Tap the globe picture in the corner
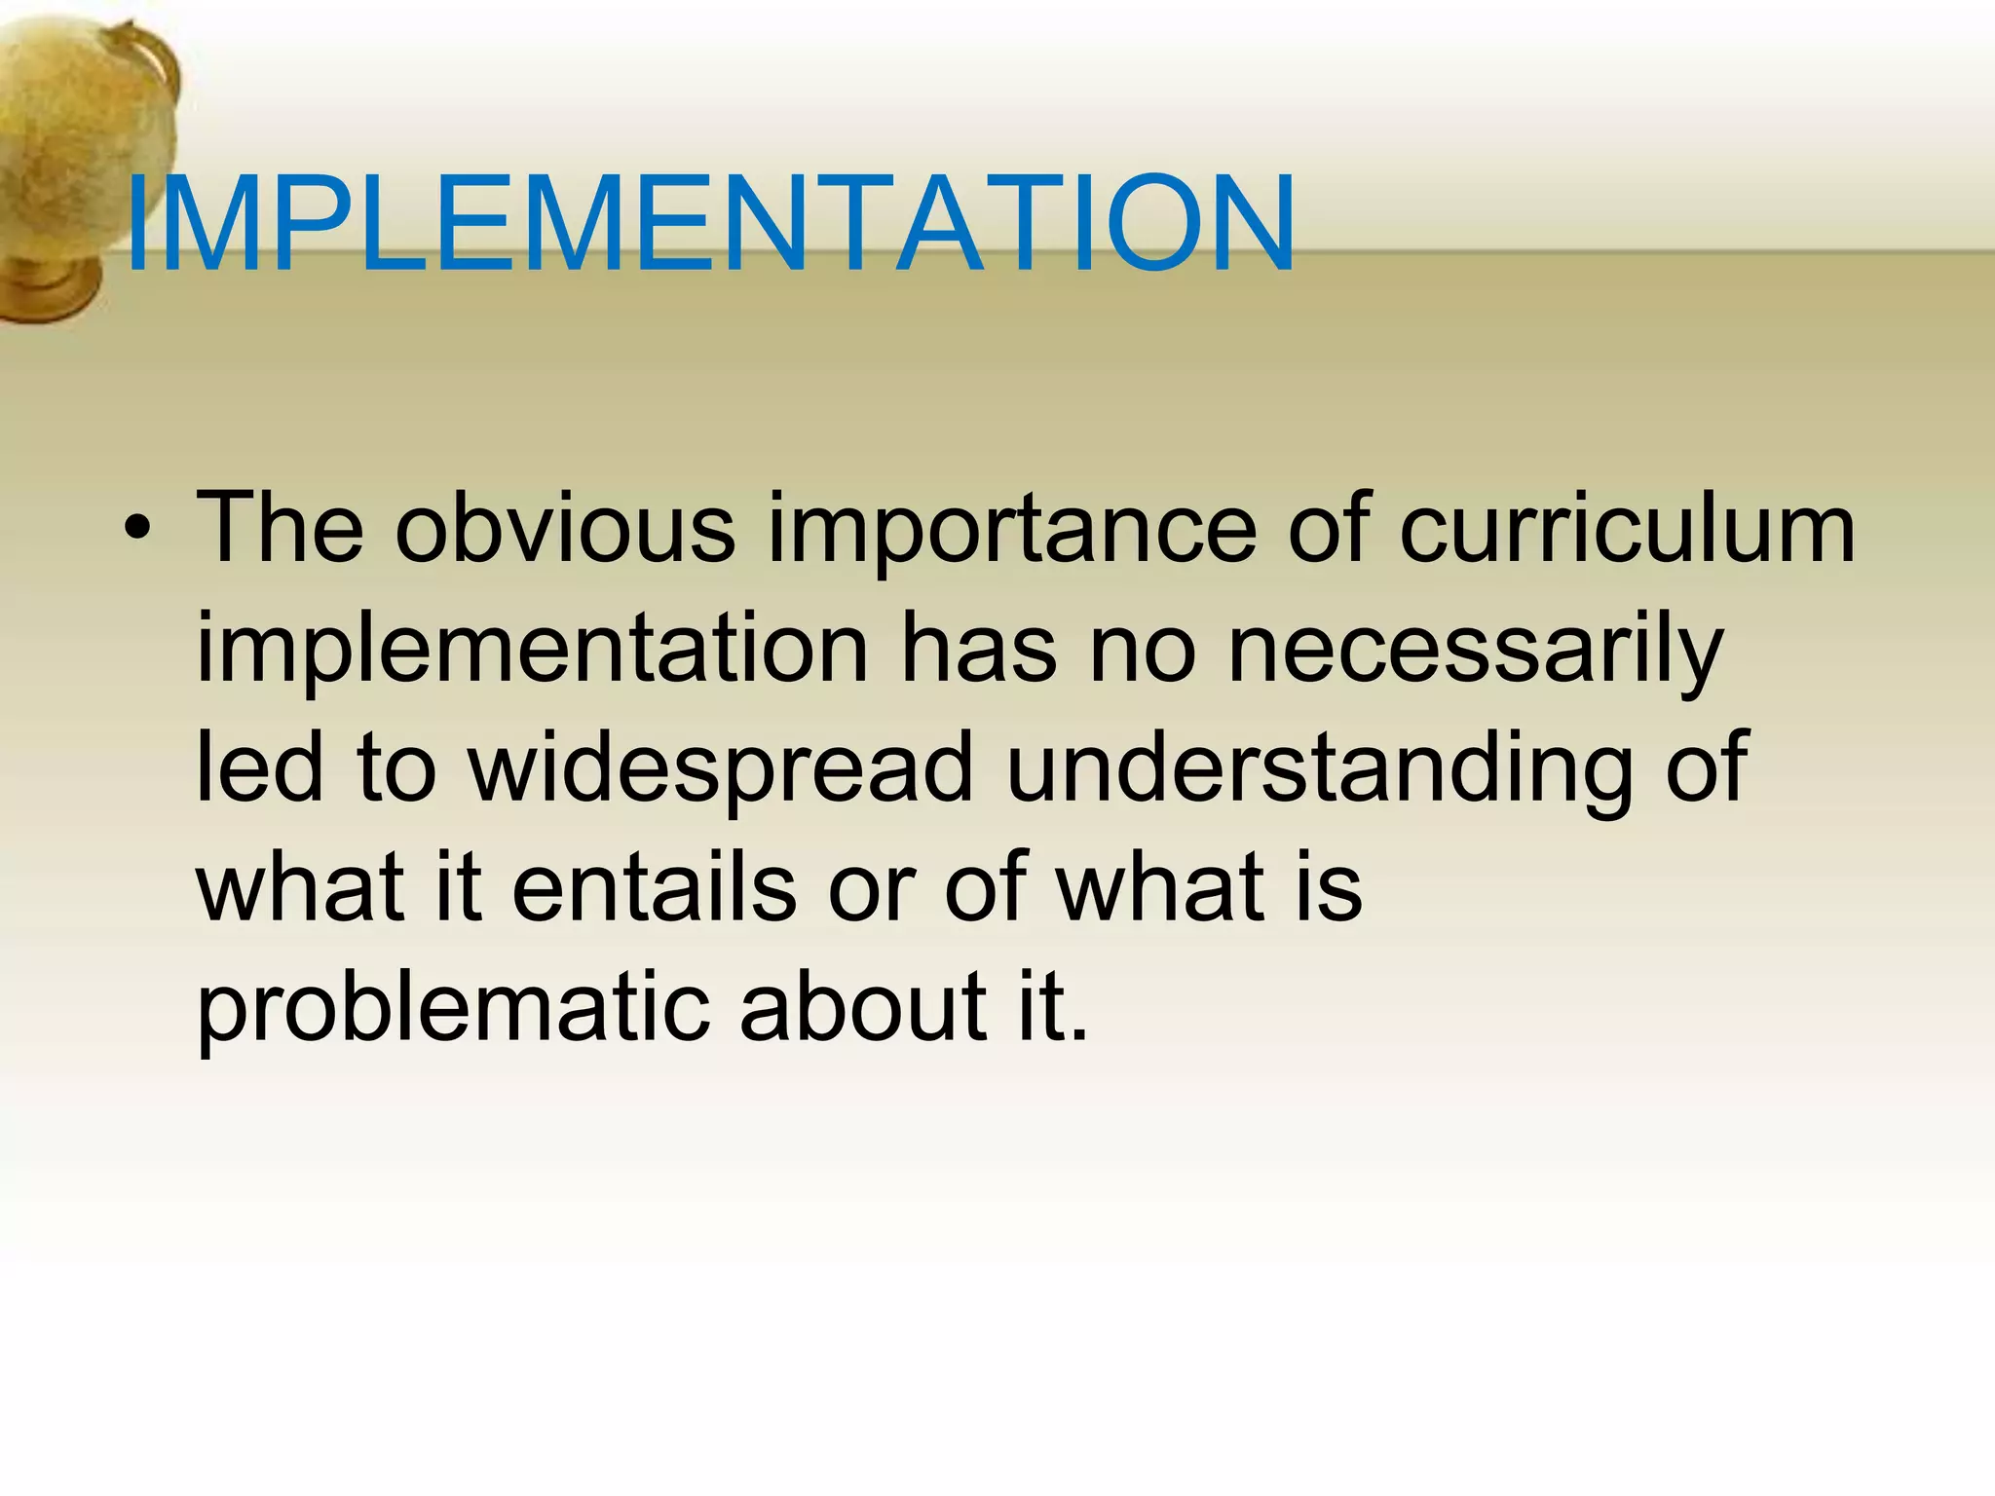coord(78,146)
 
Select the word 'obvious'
coord(565,530)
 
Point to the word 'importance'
coord(1012,534)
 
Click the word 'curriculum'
coord(1627,530)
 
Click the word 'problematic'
coord(452,1009)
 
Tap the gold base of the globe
coord(49,287)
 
